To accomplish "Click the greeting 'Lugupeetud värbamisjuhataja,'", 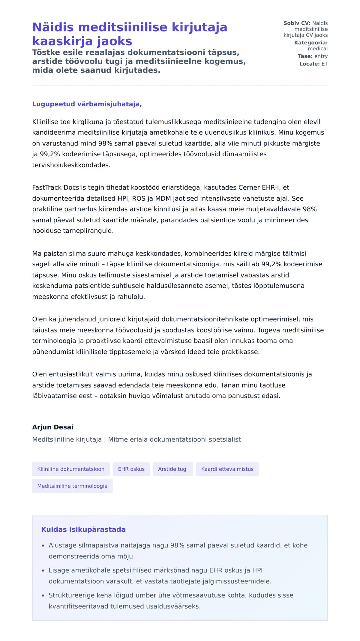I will (87, 104).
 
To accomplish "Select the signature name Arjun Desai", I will (53, 427).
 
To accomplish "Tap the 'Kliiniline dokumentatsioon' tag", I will (71, 469).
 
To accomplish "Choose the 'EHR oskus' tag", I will (131, 469).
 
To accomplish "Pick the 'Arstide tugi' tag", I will (173, 469).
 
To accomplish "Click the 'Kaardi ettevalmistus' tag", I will (227, 469).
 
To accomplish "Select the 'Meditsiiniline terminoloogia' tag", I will (72, 486).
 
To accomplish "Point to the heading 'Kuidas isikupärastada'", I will (83, 529).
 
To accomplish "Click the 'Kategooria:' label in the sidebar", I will (311, 43).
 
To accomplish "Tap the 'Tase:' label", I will (305, 56).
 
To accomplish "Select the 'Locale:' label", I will (310, 64).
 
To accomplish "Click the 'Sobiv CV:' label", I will (297, 23).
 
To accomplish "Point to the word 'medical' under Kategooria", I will (318, 49).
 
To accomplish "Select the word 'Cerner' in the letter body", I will (248, 187).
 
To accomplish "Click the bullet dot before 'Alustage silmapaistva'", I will (43, 546).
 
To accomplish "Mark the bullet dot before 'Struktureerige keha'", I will (43, 596).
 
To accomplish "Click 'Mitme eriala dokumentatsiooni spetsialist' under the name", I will (174, 439).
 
